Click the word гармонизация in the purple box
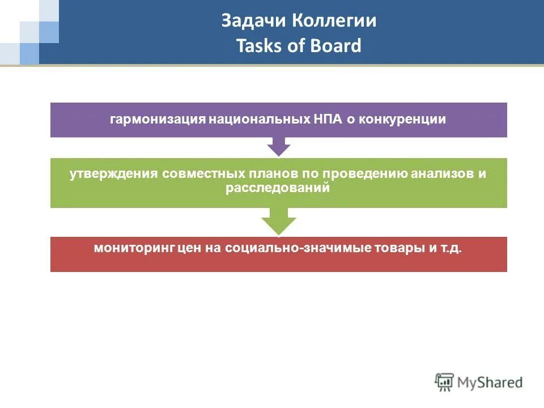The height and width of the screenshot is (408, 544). (x=158, y=120)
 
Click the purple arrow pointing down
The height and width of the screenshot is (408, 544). (x=278, y=146)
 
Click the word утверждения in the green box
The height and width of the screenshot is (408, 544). (x=113, y=174)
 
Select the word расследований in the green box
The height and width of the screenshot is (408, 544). (x=278, y=188)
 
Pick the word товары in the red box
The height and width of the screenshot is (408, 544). (x=400, y=248)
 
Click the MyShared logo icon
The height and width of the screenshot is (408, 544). (x=445, y=382)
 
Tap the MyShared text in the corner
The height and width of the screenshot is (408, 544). (x=491, y=382)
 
